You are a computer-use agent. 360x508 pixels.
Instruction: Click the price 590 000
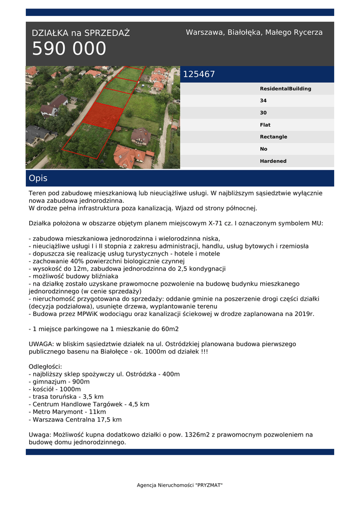tap(69, 49)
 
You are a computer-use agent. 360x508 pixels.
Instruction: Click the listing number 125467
tap(199, 74)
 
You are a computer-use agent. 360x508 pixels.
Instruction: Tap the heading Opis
tap(38, 178)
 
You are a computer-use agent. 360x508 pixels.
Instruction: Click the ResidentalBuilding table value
tap(286, 89)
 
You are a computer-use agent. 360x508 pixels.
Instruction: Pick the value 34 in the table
tap(263, 101)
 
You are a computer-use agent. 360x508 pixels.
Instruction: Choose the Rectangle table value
tap(273, 137)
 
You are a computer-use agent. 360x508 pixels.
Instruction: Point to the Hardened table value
tap(273, 161)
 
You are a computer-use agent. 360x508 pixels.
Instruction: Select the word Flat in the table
tap(265, 125)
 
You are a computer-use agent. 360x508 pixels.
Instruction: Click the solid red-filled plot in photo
tap(103, 116)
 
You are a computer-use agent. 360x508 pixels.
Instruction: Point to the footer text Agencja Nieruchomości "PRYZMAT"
tap(180, 485)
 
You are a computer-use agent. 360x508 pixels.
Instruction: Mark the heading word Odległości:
tap(45, 367)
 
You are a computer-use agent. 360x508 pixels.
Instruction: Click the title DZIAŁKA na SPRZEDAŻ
tap(80, 33)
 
